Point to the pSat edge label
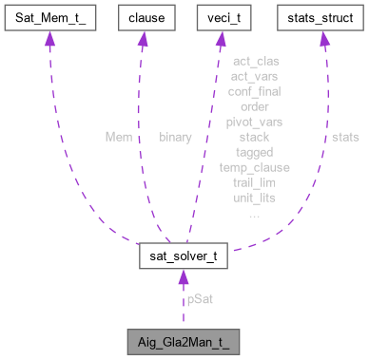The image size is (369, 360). [x=199, y=299]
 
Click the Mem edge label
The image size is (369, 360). [x=118, y=137]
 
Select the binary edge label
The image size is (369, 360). [x=175, y=137]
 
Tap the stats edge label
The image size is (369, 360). [x=345, y=137]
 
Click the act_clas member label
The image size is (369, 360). [x=254, y=61]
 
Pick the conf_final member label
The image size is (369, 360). [x=254, y=91]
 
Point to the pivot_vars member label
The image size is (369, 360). [x=254, y=122]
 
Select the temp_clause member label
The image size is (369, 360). [x=254, y=167]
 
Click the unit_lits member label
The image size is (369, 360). [x=254, y=198]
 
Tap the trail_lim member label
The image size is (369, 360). [x=254, y=182]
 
